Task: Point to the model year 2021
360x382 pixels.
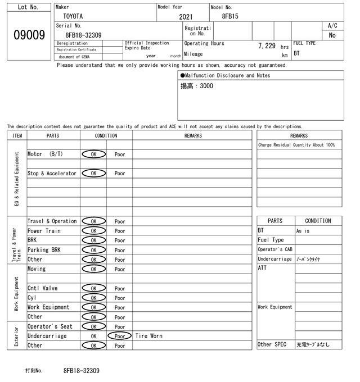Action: (186, 17)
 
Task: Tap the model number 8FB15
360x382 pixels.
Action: (230, 17)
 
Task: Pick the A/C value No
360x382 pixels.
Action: (332, 35)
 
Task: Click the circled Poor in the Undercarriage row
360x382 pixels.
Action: (119, 336)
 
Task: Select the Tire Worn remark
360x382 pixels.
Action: (149, 336)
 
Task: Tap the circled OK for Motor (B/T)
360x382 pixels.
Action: (93, 154)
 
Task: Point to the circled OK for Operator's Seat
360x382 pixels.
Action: (93, 326)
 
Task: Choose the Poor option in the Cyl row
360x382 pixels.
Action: (120, 298)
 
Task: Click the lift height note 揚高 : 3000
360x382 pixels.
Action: (197, 87)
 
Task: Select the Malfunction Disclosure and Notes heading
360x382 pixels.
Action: (225, 75)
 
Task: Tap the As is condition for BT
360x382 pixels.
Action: (303, 231)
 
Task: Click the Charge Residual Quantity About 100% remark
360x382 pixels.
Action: (296, 145)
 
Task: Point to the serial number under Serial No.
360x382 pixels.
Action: (83, 35)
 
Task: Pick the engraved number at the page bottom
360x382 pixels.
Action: (82, 371)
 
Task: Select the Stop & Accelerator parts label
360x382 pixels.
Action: (52, 174)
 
